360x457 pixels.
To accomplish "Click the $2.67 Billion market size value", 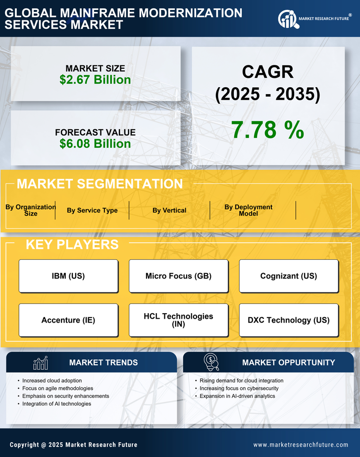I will (x=95, y=80).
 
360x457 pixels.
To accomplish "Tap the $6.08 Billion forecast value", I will (x=95, y=144).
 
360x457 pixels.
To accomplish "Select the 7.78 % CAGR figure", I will (x=267, y=130).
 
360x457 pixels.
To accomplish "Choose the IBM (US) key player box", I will (x=68, y=276).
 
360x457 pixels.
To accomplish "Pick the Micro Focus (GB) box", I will (x=178, y=276).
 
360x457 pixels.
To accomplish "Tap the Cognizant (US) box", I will (x=289, y=276).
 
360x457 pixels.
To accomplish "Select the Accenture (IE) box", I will (x=68, y=320).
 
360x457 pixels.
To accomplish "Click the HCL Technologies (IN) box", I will (x=178, y=320).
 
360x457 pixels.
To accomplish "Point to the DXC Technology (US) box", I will (x=289, y=320).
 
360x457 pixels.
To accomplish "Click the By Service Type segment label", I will (x=92, y=210).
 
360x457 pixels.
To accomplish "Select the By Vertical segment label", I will (x=169, y=210).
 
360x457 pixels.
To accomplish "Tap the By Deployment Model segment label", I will (x=249, y=210).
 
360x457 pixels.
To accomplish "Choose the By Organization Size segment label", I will (x=30, y=210).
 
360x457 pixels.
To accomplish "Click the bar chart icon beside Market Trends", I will (x=41, y=363).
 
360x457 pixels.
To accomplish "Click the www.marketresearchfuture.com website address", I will (x=301, y=445).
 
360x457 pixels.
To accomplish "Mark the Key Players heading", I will (x=72, y=244).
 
